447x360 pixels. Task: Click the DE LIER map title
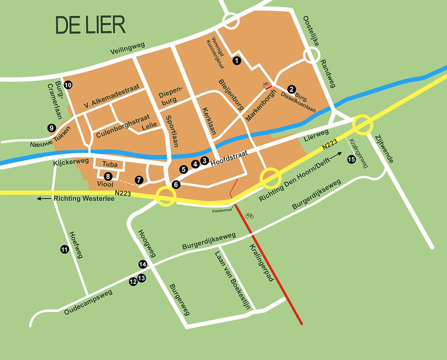point(90,25)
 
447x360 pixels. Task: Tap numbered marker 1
point(237,60)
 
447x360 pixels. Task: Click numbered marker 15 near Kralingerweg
point(351,159)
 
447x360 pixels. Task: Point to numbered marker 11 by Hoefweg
point(64,249)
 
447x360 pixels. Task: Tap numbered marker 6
point(176,184)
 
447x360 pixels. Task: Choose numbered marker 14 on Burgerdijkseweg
point(143,264)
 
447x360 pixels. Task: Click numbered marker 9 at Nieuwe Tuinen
point(51,128)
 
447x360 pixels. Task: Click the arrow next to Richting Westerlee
point(44,199)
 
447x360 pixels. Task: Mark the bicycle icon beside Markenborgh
point(266,84)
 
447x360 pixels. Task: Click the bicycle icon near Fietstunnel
point(249,215)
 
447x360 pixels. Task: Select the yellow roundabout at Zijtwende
point(363,124)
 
